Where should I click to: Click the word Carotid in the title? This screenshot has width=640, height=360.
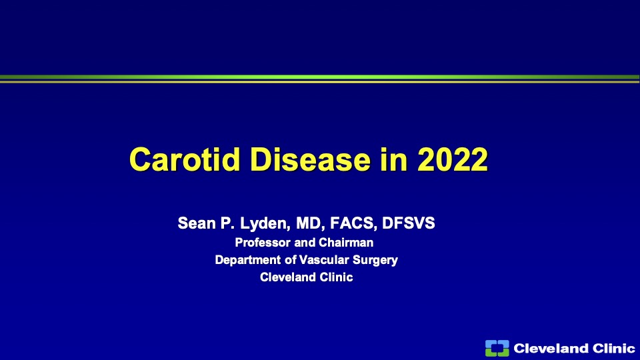[185, 159]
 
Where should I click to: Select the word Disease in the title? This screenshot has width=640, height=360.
[311, 159]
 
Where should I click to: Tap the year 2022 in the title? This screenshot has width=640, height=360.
[453, 159]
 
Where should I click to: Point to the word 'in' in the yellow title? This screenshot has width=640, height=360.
[394, 159]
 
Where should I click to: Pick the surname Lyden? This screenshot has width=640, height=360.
[265, 224]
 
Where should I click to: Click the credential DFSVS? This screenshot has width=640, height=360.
[409, 223]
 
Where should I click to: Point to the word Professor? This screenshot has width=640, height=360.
[263, 243]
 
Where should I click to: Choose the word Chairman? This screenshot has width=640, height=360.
[346, 243]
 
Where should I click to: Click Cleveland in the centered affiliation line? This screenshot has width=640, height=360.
[288, 277]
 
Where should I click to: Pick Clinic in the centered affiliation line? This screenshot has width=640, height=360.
[336, 277]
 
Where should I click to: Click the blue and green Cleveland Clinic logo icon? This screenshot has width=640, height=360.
[497, 348]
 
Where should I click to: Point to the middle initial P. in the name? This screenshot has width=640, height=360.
[228, 223]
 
